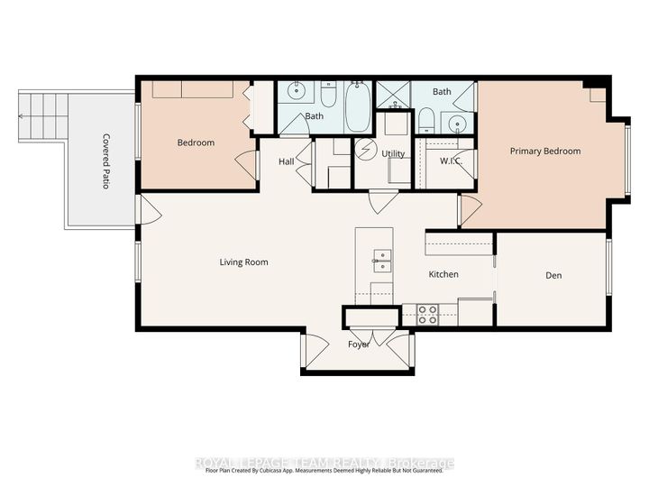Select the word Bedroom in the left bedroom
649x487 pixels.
195,143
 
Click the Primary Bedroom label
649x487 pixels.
544,152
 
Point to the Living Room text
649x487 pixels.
244,262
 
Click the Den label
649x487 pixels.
553,276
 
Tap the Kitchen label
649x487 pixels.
443,274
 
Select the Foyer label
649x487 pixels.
359,345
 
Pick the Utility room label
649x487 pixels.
393,154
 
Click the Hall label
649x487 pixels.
286,161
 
